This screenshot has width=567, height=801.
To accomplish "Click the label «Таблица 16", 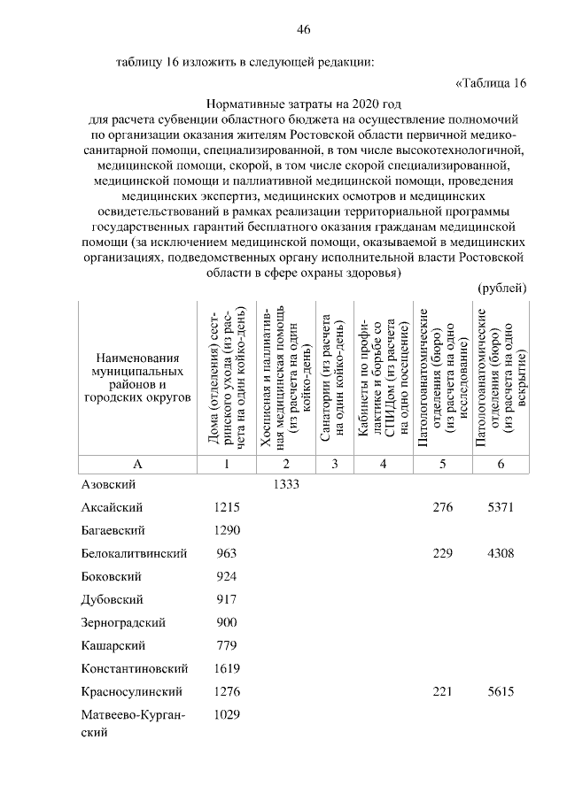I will (490, 83).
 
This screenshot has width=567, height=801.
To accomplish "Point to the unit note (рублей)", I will (502, 289).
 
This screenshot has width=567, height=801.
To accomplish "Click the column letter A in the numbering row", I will (137, 463).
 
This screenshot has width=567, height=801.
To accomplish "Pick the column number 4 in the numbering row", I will (383, 463).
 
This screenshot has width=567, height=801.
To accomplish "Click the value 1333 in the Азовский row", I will (286, 484).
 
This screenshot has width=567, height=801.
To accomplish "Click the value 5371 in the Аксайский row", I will (501, 507).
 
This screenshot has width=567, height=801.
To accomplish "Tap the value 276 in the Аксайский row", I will (442, 507).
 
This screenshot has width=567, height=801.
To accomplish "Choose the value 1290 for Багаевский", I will (228, 530).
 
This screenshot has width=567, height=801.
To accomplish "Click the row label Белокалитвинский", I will (134, 553).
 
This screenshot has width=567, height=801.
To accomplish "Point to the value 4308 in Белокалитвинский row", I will (501, 553).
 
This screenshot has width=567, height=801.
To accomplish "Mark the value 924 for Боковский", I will (228, 576).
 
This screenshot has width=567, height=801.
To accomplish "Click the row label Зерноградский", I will (123, 622).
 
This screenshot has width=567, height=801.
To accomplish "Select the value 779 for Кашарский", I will (228, 645).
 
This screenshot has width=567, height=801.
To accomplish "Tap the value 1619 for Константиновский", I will (228, 668).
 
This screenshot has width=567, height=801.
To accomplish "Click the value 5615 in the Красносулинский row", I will (501, 691).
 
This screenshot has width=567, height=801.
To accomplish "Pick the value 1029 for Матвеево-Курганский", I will (228, 714).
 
